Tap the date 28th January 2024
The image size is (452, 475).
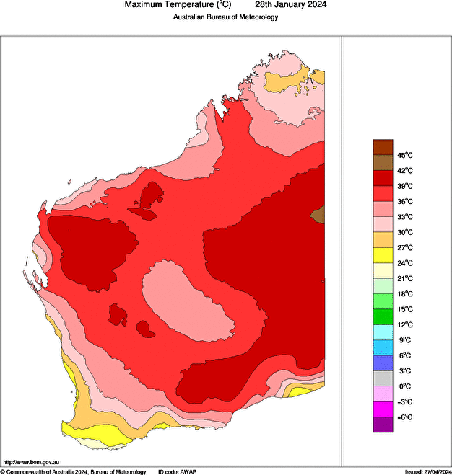[x=291, y=5]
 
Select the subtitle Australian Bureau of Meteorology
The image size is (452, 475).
[x=226, y=17]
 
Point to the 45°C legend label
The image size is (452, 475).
[x=404, y=155]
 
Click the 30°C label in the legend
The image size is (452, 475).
[x=404, y=232]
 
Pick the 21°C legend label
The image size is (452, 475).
[x=404, y=278]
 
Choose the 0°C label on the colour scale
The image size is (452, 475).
[x=404, y=386]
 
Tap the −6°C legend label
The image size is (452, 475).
[x=404, y=417]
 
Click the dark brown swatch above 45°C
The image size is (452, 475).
[x=383, y=147]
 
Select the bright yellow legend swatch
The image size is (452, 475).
[x=383, y=255]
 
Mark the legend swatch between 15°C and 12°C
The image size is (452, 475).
[x=383, y=316]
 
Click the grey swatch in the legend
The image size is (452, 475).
[x=383, y=378]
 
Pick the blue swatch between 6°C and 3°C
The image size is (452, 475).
[x=383, y=363]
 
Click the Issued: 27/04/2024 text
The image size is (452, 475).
[x=427, y=471]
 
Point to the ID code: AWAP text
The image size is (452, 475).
[x=176, y=471]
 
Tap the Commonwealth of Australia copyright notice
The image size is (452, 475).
[x=73, y=471]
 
